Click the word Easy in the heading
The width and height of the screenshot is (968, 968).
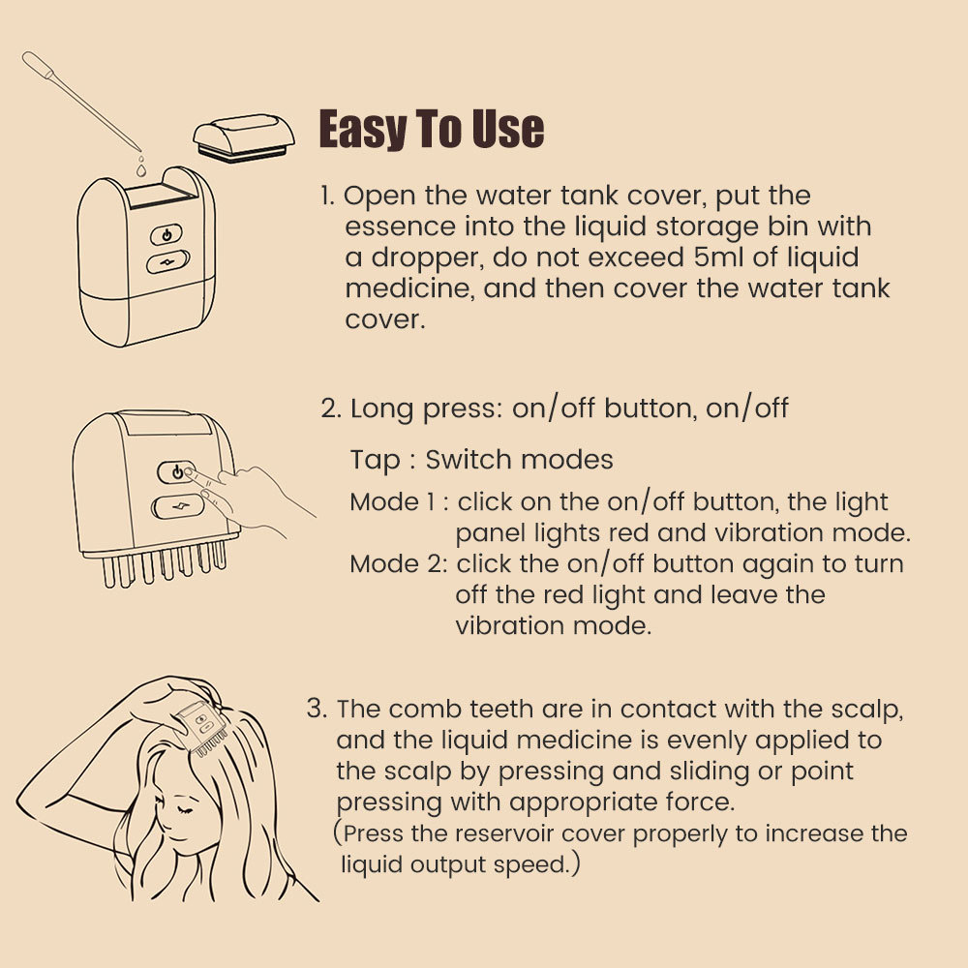click(362, 129)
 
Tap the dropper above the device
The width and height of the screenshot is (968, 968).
click(81, 101)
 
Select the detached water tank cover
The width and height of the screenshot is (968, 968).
click(244, 137)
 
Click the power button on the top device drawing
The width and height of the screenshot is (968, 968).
click(166, 234)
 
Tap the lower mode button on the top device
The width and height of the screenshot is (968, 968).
click(167, 261)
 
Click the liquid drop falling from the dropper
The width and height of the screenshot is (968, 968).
click(141, 166)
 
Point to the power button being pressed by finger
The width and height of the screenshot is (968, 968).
click(176, 472)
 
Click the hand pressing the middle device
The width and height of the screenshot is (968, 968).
click(253, 501)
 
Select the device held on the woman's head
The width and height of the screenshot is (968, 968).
click(200, 729)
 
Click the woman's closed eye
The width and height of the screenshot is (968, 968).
click(183, 809)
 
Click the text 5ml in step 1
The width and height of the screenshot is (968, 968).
click(717, 257)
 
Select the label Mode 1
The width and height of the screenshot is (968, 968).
click(393, 501)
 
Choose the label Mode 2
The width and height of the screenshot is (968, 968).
click(398, 563)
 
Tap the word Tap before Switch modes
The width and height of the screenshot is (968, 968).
click(376, 461)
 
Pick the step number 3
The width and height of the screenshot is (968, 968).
click(317, 709)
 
